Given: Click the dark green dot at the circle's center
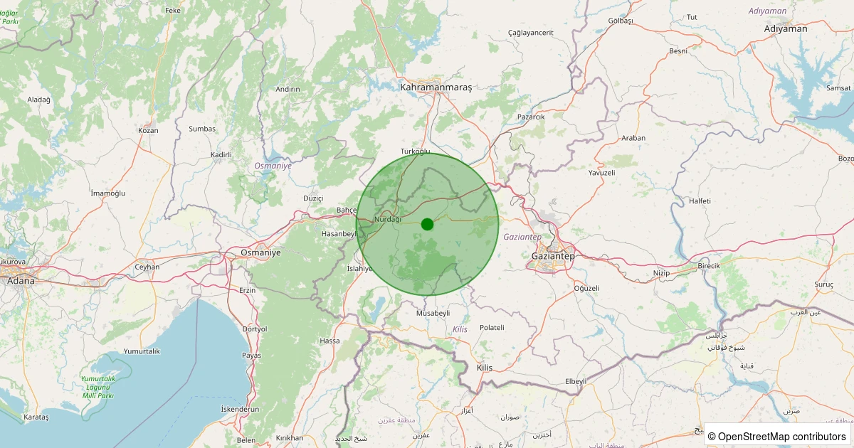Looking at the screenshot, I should [427, 224].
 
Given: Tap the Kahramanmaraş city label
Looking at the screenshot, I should [436, 87].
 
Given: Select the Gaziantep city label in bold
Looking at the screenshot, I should [553, 255].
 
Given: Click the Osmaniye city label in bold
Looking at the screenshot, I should [261, 252].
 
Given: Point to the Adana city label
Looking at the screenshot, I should [21, 281].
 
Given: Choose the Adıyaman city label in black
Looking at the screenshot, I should [786, 29].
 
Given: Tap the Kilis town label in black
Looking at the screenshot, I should [484, 368].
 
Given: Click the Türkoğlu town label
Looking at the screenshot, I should [416, 151].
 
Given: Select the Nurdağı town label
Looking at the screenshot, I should [388, 220].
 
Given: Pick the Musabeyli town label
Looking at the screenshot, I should [433, 313].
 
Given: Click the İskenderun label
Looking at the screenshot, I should [240, 409].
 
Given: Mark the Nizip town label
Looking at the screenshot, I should [661, 273].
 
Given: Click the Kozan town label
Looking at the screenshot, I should [148, 130].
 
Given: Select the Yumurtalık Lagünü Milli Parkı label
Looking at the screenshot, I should [99, 387].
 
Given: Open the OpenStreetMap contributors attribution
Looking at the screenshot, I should [777, 437].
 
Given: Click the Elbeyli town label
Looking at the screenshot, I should [575, 381].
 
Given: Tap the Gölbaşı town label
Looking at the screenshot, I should [601, 21].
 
